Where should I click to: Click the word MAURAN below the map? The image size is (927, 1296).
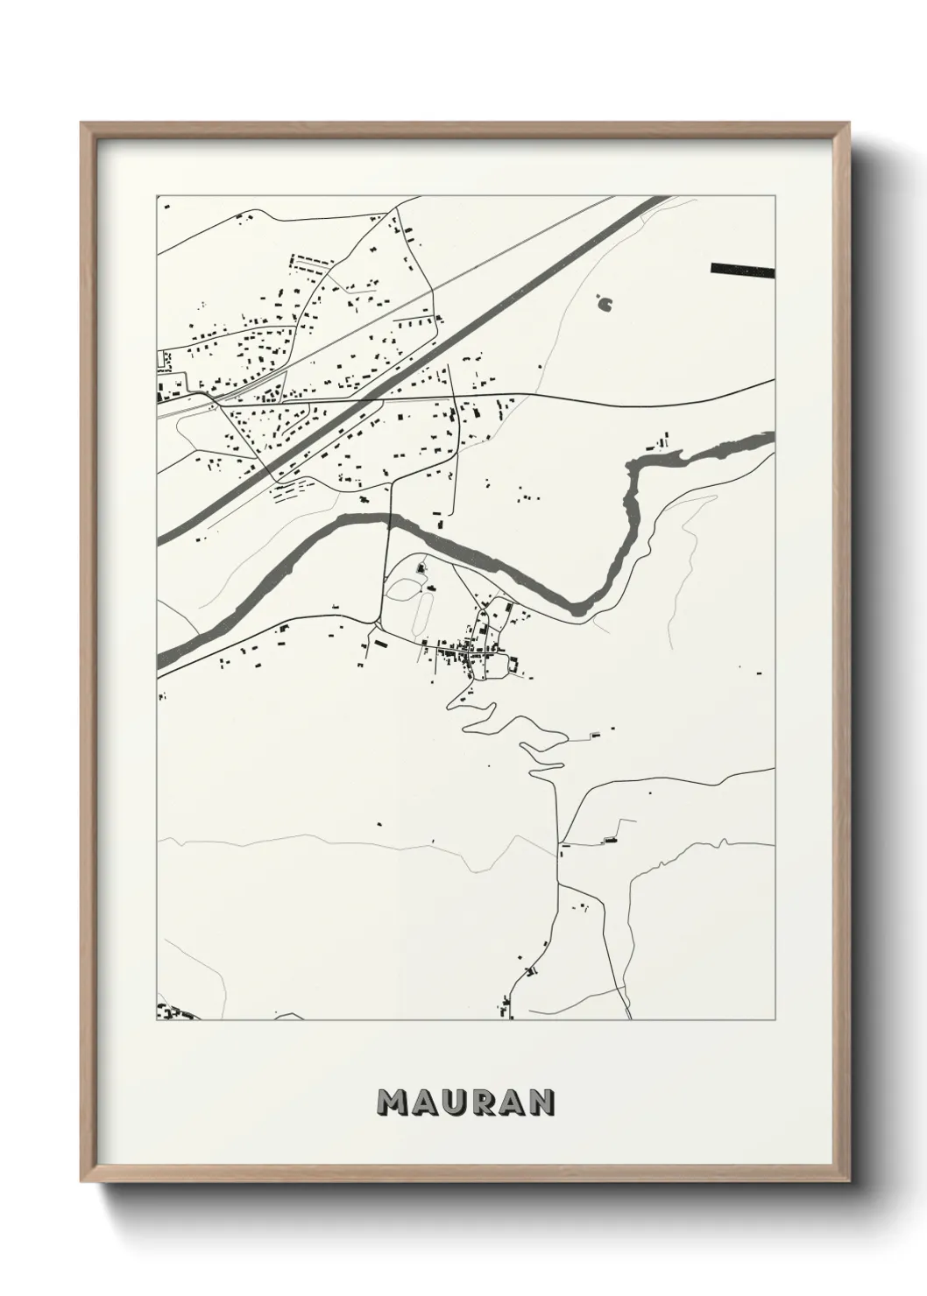tap(465, 1102)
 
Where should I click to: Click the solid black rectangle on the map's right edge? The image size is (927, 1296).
tap(743, 270)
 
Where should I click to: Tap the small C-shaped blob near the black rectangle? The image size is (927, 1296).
tap(605, 304)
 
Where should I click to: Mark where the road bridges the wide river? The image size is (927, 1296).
tap(388, 520)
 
